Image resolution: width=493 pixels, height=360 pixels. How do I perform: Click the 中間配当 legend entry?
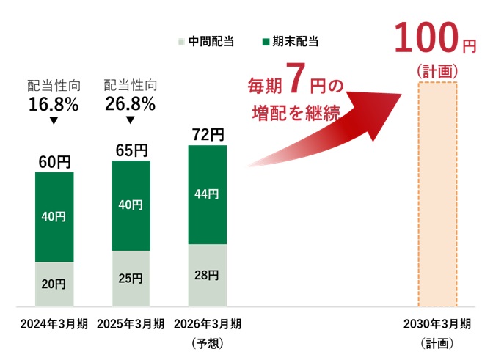tap(207, 41)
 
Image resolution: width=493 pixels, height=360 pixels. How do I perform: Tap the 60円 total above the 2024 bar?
tap(54, 161)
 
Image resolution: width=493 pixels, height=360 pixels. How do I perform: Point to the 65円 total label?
tap(131, 150)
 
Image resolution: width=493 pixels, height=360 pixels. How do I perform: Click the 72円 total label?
tap(208, 135)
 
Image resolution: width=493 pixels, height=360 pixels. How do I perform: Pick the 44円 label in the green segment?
tap(208, 194)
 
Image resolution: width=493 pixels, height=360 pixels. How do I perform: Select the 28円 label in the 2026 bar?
tap(208, 275)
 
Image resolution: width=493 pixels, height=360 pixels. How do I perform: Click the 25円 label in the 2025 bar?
tap(131, 279)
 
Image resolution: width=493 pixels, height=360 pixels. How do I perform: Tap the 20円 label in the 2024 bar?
tap(54, 284)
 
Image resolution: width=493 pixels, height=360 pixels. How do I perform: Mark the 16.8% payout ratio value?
tap(54, 104)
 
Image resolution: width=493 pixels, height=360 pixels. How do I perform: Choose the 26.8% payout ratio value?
tap(131, 104)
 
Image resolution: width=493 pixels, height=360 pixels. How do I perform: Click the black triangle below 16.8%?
tap(54, 120)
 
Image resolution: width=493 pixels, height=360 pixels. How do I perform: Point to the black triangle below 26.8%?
tap(131, 120)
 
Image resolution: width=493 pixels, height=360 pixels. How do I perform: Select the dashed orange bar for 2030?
tap(437, 194)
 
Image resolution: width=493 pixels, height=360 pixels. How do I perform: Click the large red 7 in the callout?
tap(293, 82)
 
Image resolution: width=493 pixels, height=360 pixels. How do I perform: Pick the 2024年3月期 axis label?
tap(54, 324)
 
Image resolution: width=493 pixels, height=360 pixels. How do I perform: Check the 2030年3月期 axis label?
tap(437, 324)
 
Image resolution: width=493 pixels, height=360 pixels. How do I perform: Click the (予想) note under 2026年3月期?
tap(208, 342)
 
